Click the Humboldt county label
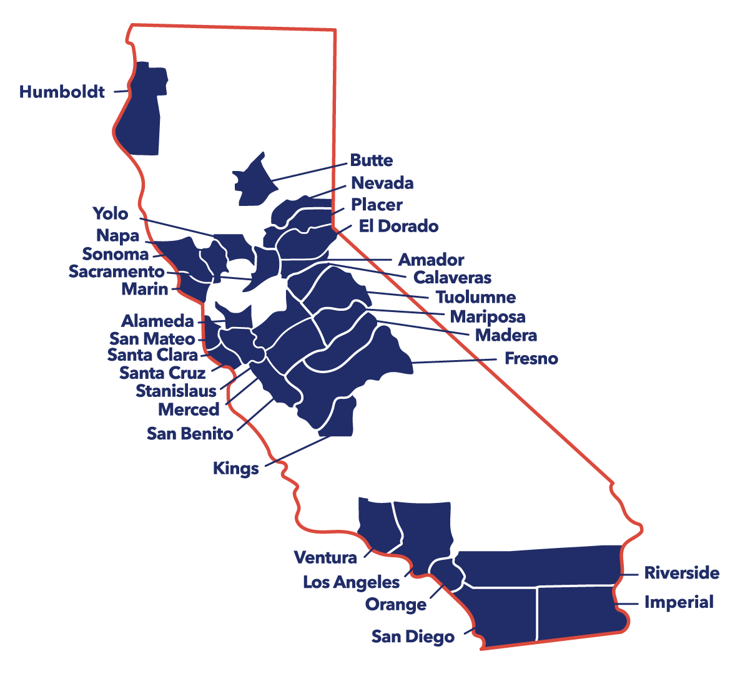[x=62, y=92]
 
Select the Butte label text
[x=371, y=160]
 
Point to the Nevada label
[x=382, y=183]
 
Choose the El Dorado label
[x=398, y=226]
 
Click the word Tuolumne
[x=476, y=297]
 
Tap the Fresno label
[x=531, y=359]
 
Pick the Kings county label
[x=235, y=468]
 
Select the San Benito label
[x=190, y=433]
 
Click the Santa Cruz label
[x=162, y=373]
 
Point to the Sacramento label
[x=116, y=271]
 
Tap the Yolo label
[x=111, y=213]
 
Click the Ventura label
[x=325, y=557]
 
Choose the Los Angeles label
[x=351, y=582]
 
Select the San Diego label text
[x=413, y=637]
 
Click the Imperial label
[x=678, y=602]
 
